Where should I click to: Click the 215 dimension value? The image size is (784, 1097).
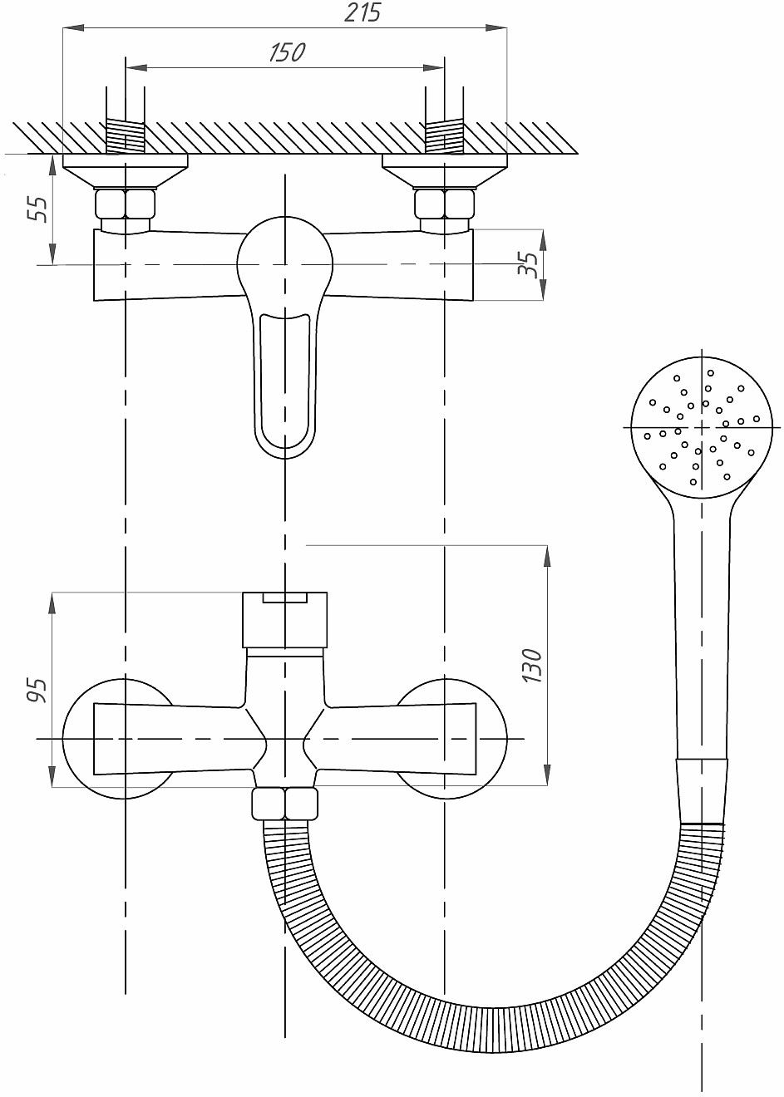coord(362,12)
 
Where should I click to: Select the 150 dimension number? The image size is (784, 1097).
coord(287,52)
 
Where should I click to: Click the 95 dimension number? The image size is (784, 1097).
coord(37,690)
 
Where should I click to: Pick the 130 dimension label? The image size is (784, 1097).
coord(532,666)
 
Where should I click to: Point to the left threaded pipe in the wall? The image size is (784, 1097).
coord(126,138)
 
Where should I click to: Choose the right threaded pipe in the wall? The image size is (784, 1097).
coord(444,138)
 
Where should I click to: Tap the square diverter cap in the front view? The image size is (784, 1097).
coord(284,619)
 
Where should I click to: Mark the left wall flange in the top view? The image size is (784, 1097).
coord(126,171)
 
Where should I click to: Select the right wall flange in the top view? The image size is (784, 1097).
coord(444,171)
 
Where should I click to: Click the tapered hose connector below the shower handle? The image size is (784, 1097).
coord(703,791)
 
